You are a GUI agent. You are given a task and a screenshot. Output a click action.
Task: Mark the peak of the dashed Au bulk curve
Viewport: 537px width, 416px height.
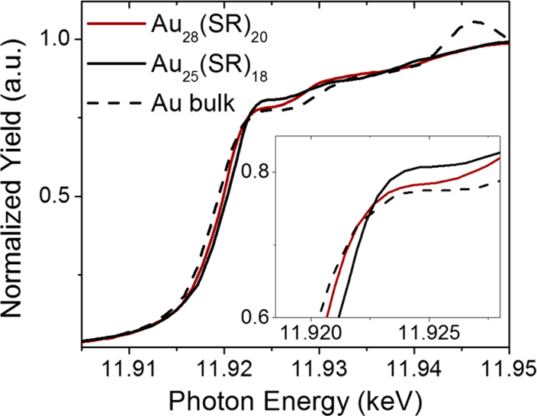(x=476, y=22)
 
